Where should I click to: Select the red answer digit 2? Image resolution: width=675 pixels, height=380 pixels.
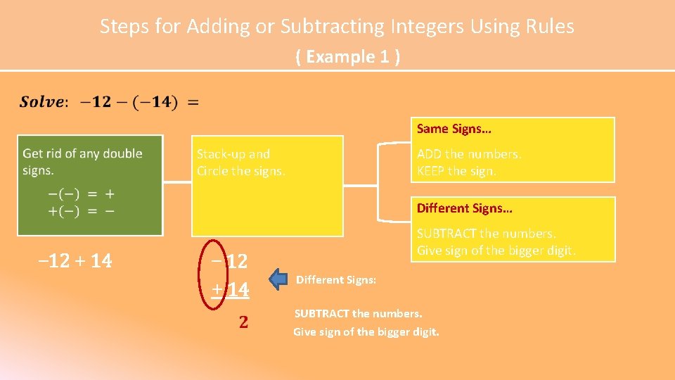[243, 322]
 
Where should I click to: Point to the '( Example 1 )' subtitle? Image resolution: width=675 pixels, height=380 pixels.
[348, 56]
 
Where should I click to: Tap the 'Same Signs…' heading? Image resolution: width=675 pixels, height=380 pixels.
[454, 129]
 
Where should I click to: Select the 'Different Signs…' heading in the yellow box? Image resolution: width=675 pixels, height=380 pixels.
[464, 208]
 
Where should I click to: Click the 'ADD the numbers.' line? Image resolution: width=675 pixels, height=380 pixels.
[469, 154]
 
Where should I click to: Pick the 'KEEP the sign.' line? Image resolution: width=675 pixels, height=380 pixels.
[456, 171]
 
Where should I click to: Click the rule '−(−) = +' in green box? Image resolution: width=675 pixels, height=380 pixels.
[82, 194]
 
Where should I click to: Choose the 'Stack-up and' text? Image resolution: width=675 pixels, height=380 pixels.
[233, 154]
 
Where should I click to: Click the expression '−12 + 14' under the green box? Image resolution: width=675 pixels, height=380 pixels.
[75, 261]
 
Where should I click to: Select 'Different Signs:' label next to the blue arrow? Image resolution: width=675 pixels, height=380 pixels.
[336, 280]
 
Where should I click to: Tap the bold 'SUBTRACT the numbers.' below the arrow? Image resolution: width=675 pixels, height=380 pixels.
[358, 313]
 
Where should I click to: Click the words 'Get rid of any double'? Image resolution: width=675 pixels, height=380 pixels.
[82, 153]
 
